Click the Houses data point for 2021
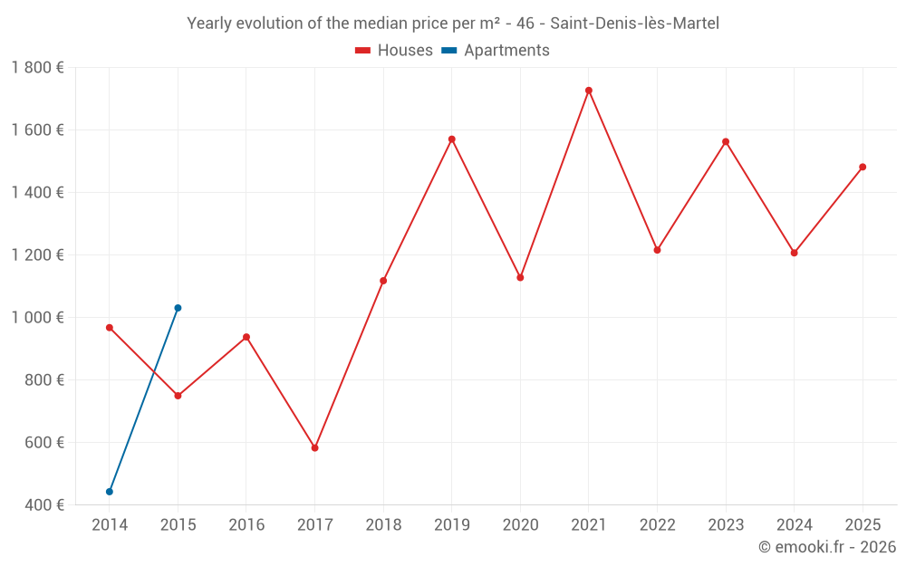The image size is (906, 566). point(589,91)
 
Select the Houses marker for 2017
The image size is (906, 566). point(315,448)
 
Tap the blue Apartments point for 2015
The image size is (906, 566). point(178,308)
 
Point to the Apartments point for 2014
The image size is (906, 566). point(110,492)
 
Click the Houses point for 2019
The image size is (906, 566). point(452,139)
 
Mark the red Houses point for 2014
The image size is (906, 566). point(110,328)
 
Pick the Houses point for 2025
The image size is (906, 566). point(863,167)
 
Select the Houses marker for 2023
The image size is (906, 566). point(726,141)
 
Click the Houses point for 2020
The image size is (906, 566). point(520,277)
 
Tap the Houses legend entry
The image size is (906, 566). point(394,51)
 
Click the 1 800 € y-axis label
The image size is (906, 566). point(37,68)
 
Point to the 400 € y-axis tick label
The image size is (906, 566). point(43,505)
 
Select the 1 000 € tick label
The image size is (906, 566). point(37,318)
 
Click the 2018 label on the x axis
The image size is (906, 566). point(383,525)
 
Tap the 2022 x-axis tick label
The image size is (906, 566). point(657,525)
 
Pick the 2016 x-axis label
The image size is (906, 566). point(246,525)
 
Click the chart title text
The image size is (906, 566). point(453,24)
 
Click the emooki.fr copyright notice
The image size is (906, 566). point(826,547)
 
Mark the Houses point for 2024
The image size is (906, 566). point(795,253)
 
